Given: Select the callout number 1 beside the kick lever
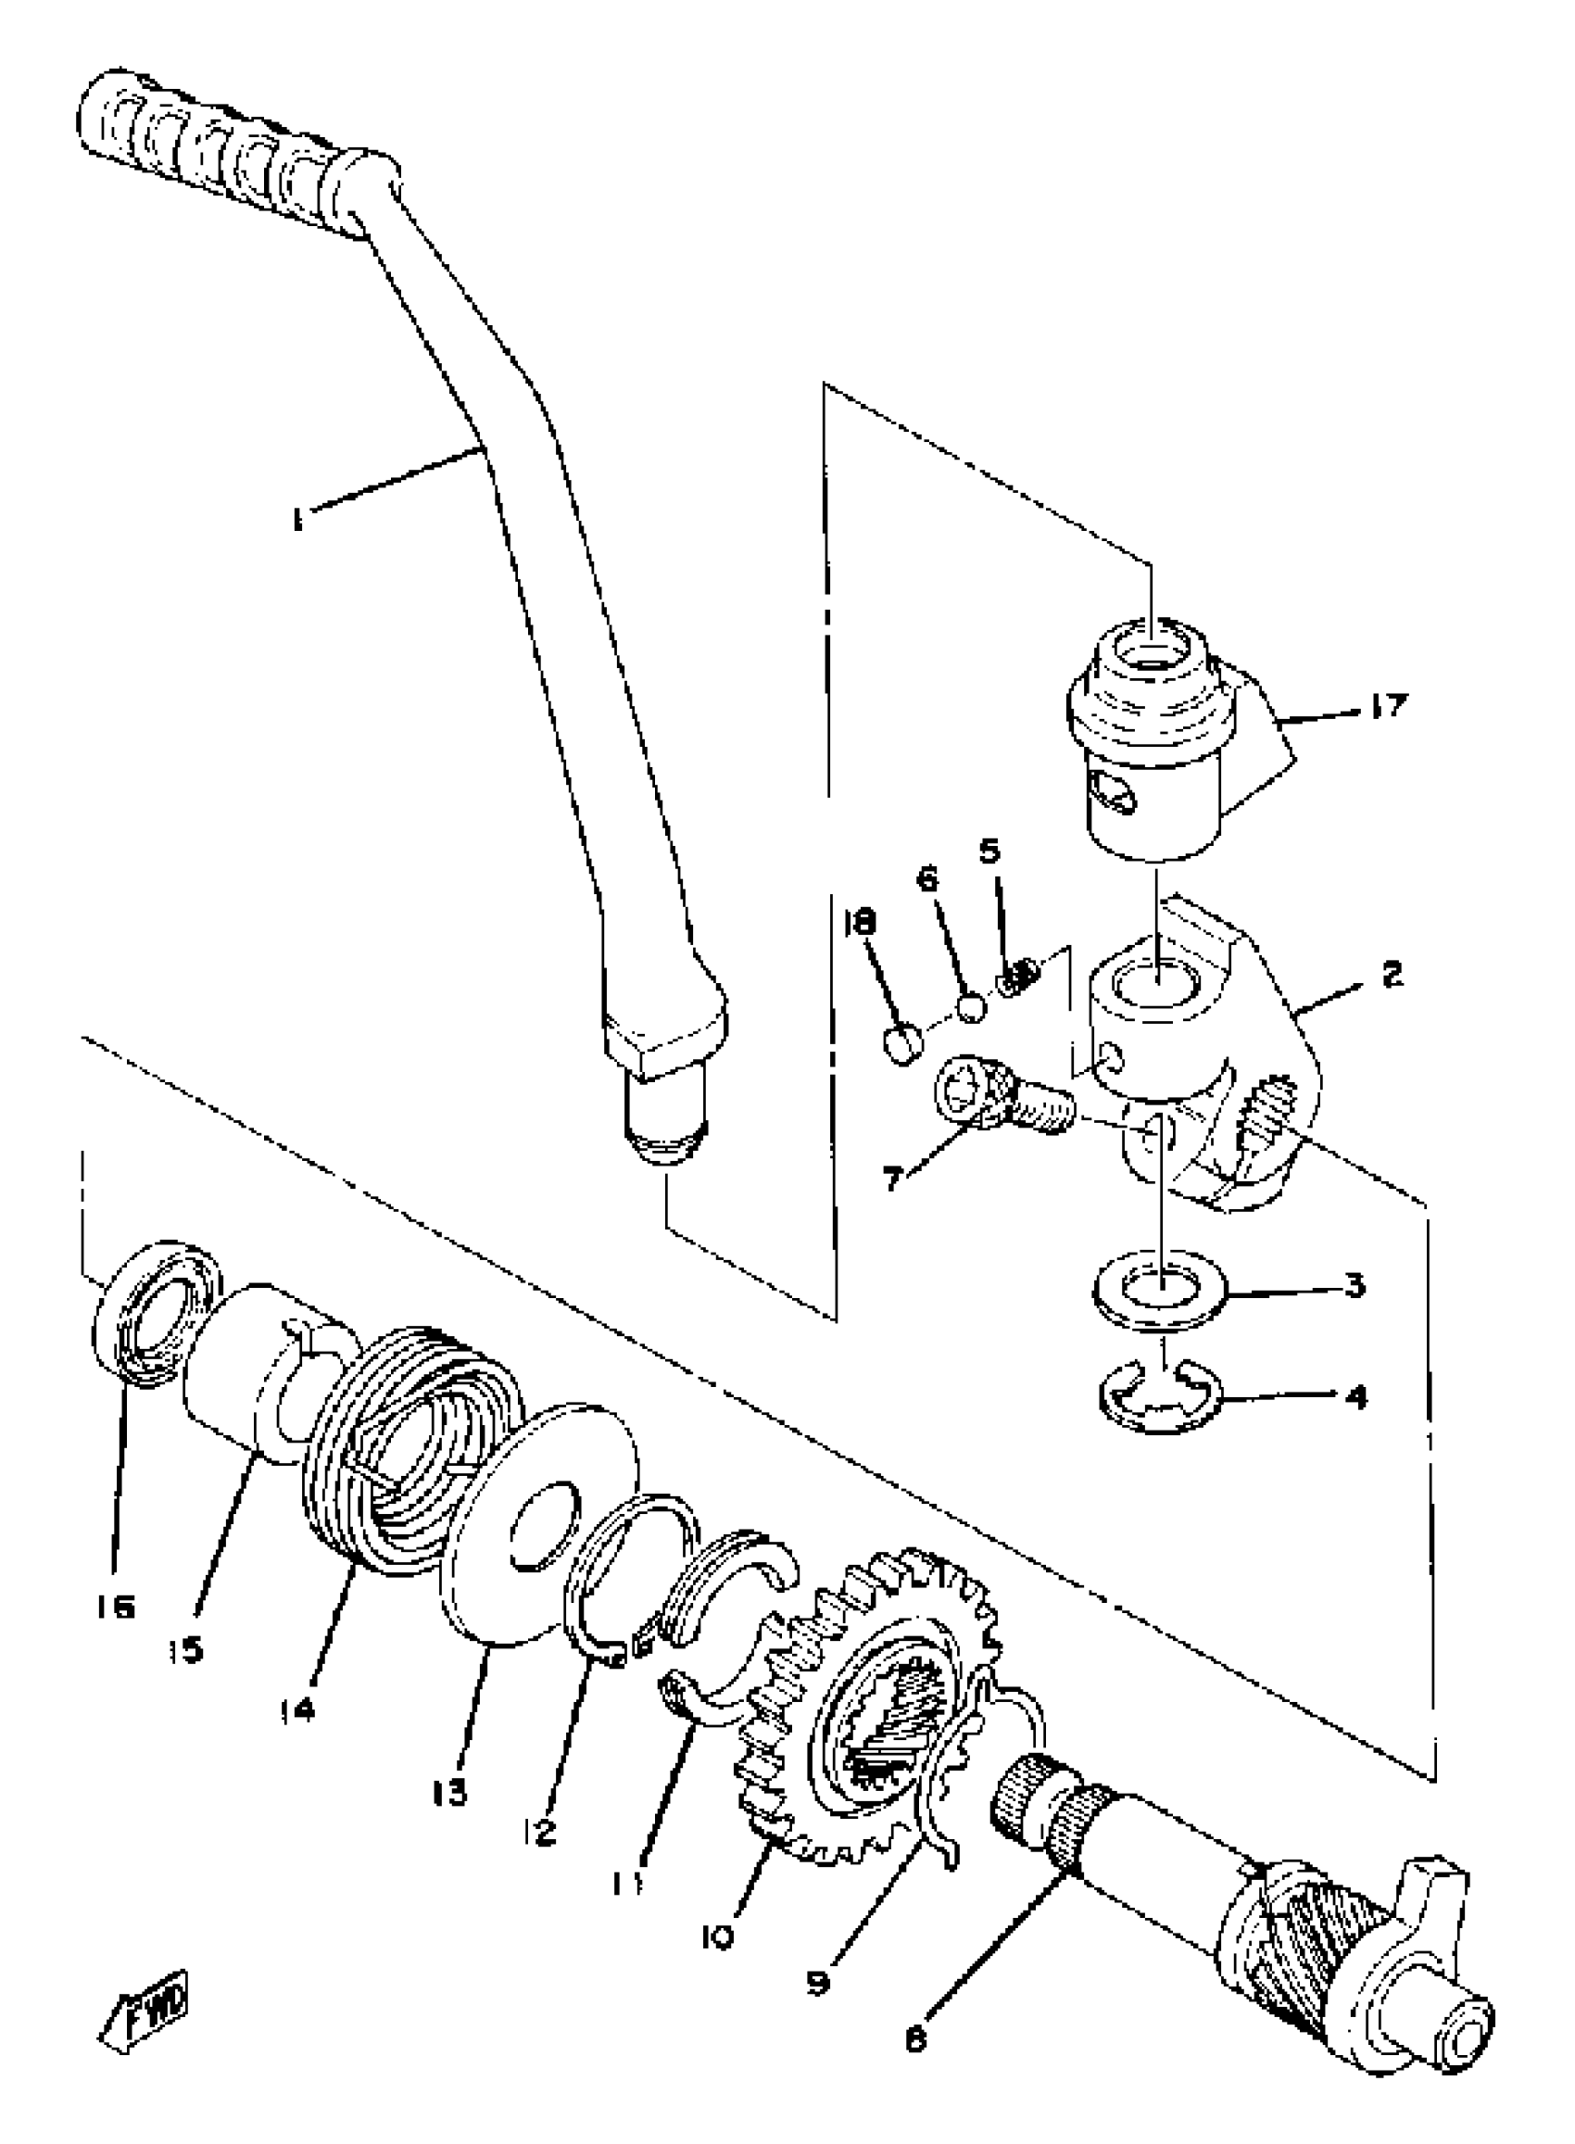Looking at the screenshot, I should click(298, 521).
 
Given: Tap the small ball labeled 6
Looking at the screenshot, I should click(971, 1008).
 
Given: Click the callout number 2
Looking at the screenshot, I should click(1391, 975).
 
